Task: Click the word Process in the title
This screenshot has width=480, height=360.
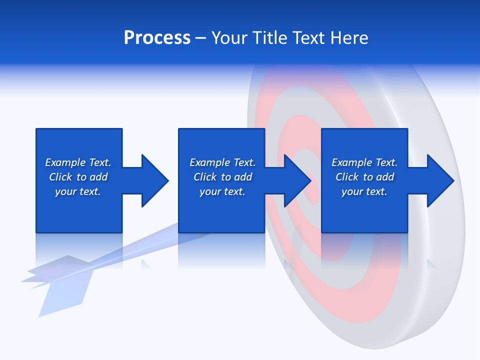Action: [x=157, y=38]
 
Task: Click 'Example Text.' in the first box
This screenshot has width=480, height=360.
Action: [x=78, y=162]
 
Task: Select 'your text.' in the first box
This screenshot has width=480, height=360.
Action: [x=78, y=191]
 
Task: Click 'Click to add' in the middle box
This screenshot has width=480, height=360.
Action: [x=222, y=177]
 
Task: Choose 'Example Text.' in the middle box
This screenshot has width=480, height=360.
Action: [x=222, y=162]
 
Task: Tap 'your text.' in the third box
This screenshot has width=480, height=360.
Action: [x=364, y=191]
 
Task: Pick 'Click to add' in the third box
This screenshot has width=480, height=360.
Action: [x=364, y=177]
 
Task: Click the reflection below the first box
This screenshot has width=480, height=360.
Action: [x=78, y=250]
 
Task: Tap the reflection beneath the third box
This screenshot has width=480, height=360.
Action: [x=364, y=250]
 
